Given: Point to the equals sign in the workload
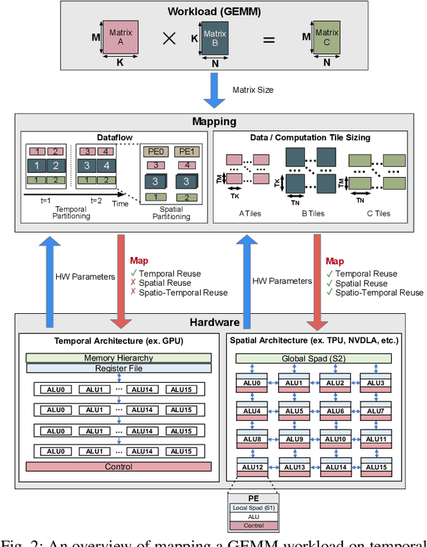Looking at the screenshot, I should click(x=269, y=40).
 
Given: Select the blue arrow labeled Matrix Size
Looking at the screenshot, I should click(x=215, y=90).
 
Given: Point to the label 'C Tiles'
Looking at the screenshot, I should click(x=378, y=214).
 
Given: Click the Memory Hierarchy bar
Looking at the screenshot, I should click(x=118, y=358).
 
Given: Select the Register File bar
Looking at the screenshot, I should click(x=118, y=368).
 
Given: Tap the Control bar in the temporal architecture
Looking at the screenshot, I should click(x=118, y=467).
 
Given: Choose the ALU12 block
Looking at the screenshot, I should click(x=251, y=467).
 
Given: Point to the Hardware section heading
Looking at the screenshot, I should click(x=214, y=322).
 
